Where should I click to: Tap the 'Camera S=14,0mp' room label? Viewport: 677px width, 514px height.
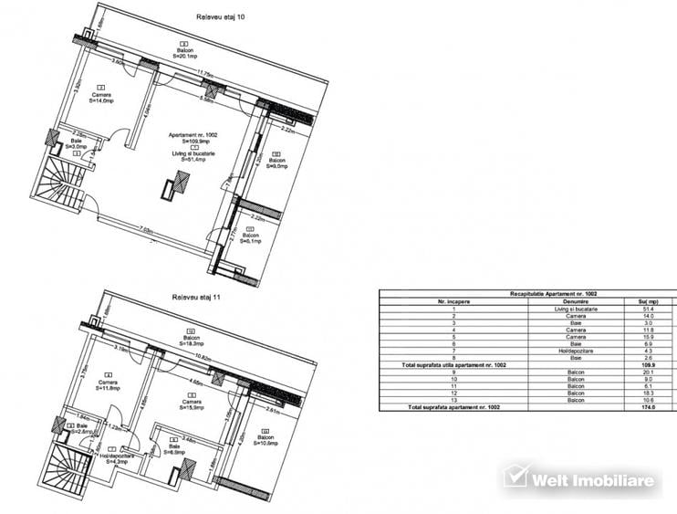tap(100, 98)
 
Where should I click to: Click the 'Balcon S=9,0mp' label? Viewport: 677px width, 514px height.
tap(276, 161)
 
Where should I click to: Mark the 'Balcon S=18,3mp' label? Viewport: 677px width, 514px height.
tap(190, 337)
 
